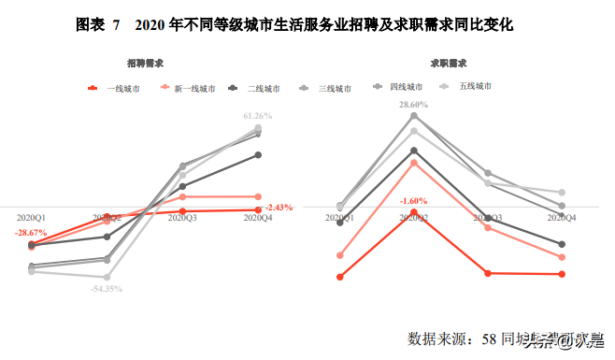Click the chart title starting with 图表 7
[307, 25]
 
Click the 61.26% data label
[257, 116]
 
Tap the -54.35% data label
[107, 289]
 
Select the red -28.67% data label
[31, 232]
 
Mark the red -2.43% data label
[279, 208]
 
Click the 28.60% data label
[413, 105]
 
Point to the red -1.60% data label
[413, 201]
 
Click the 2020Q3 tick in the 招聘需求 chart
[182, 217]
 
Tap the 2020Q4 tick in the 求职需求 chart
[561, 217]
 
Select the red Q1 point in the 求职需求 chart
[340, 277]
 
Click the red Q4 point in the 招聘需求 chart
[258, 209]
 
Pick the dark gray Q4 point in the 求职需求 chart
[562, 244]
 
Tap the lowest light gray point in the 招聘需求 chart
[108, 277]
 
